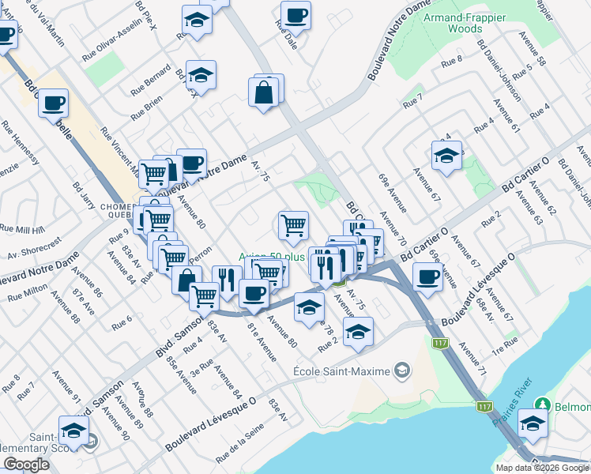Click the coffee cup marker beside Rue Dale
tap(295, 15)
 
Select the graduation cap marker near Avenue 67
tap(446, 154)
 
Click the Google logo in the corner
tap(26, 464)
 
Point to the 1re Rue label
tap(503, 342)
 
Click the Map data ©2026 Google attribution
tap(542, 468)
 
